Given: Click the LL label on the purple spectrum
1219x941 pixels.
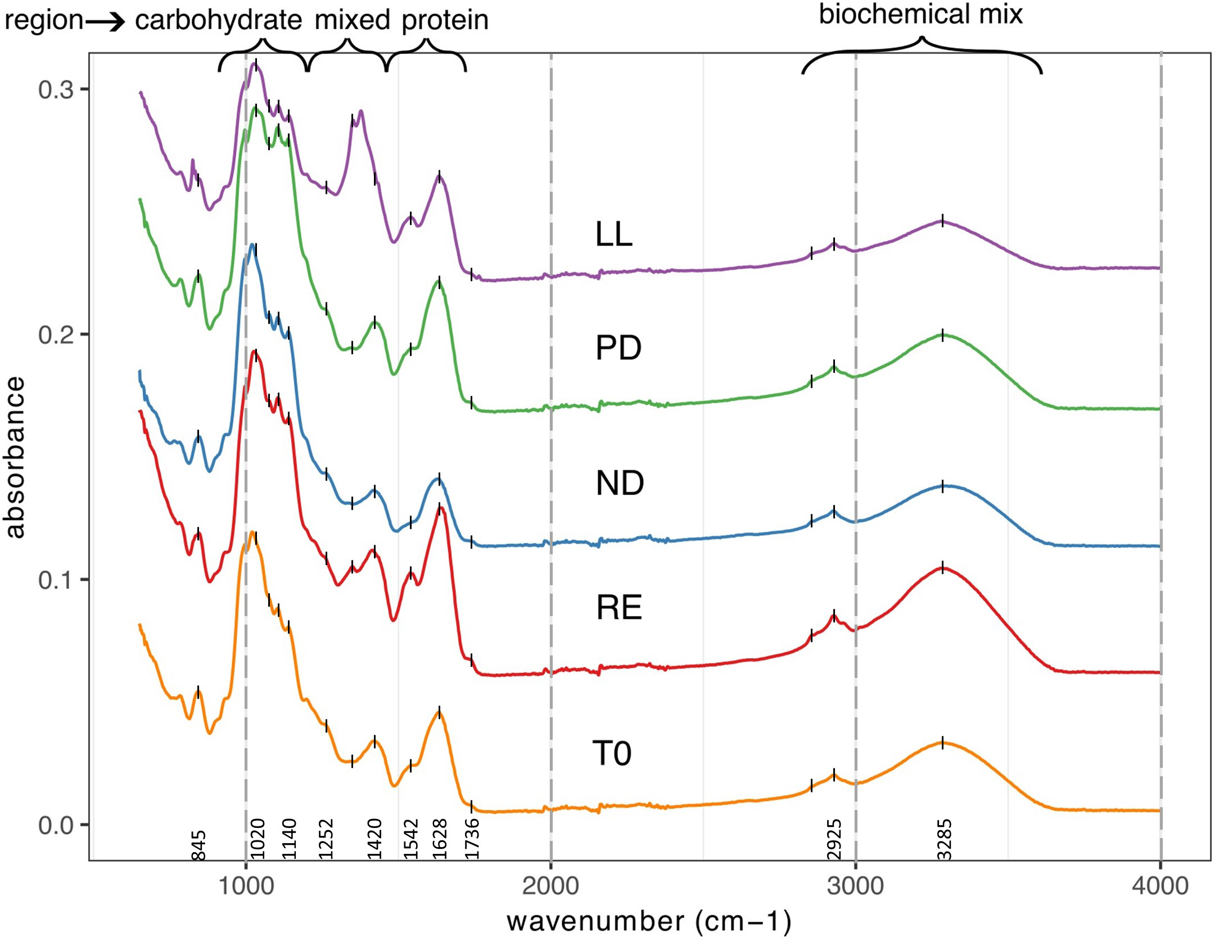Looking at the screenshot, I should pos(613,234).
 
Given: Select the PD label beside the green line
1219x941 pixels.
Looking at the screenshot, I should pos(618,348).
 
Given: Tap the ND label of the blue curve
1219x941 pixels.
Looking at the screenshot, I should pos(619,483).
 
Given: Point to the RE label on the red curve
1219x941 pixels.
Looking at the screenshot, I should pos(618,607).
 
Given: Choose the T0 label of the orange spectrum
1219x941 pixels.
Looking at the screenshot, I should pos(612,753).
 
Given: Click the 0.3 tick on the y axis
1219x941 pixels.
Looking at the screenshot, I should pos(56,89).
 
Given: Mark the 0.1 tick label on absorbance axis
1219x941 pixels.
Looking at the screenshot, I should pos(56,580).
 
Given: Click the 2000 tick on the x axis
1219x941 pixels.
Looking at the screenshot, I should pos(550,886).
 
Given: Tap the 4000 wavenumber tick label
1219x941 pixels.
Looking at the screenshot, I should pos(1160,886).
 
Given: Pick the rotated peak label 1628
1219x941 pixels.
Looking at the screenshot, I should pos(440,839).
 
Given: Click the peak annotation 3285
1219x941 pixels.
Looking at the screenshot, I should pos(944,839).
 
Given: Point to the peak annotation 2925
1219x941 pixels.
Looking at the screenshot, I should pos(834,839).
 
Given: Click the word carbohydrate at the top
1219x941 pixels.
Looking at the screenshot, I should pos(218,21).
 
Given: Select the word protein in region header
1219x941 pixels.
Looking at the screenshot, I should pos(445,21).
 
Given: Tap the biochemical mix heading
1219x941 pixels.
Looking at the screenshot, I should pos(920,14).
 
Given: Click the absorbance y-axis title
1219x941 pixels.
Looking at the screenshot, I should pos(15,457).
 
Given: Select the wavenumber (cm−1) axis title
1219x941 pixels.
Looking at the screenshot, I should pos(649,921).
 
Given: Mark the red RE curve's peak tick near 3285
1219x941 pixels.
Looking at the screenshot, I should pos(942,567).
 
